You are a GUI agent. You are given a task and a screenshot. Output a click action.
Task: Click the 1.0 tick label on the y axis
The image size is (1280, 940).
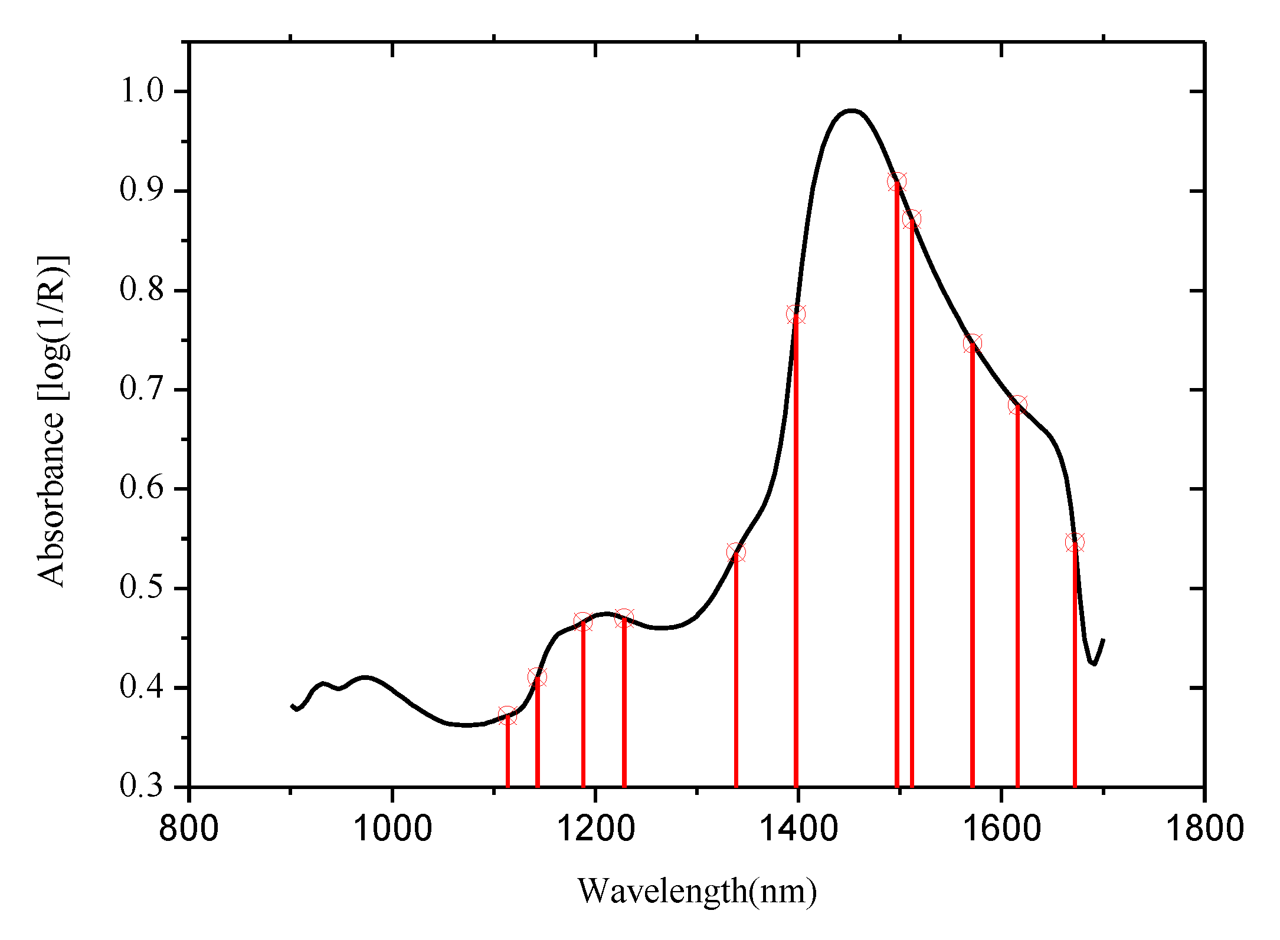142,91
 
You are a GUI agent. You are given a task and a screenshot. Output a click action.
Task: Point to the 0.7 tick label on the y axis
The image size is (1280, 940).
142,389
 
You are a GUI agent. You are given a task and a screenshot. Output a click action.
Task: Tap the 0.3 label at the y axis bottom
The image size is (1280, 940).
142,786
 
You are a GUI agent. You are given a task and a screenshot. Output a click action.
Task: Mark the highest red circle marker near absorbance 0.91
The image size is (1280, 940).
896,182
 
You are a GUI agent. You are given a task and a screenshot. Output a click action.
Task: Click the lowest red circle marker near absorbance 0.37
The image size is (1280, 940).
507,716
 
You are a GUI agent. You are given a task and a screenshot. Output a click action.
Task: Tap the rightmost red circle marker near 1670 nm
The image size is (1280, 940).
1075,543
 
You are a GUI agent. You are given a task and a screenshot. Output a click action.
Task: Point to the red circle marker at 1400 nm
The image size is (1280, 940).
796,314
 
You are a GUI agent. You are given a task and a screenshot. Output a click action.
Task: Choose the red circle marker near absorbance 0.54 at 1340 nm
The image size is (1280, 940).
736,553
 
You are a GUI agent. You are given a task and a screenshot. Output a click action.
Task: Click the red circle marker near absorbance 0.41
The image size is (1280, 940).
537,677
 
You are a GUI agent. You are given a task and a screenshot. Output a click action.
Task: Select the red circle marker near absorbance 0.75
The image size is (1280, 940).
973,344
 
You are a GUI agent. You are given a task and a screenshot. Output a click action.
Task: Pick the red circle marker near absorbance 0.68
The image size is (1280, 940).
1017,405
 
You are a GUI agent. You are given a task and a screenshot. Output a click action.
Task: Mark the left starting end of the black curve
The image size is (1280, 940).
292,705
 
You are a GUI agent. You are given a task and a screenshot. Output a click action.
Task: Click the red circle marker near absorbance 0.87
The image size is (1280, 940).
911,219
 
